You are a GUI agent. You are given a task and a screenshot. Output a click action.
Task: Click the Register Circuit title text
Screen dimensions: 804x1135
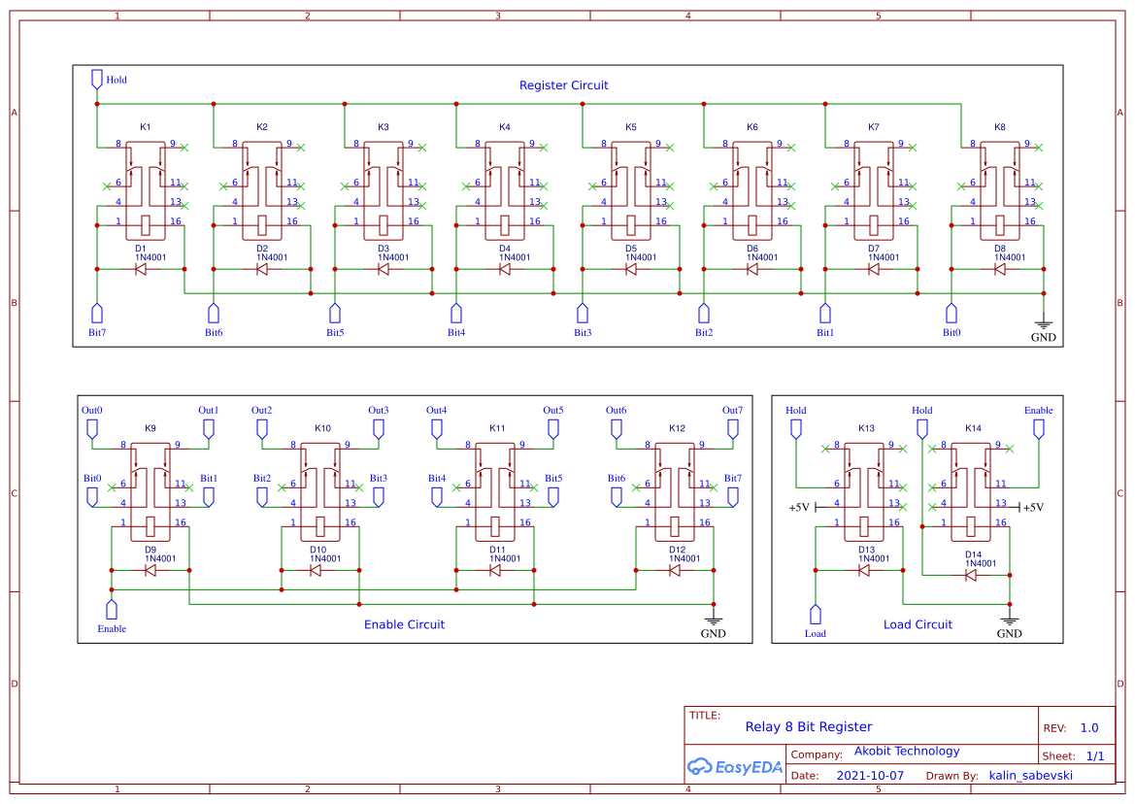[563, 85]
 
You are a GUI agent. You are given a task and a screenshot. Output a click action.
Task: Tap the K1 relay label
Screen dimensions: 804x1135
[146, 127]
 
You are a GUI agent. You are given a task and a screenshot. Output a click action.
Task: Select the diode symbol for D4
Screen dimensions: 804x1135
[505, 269]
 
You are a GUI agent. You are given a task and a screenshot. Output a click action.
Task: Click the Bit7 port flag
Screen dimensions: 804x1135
[97, 313]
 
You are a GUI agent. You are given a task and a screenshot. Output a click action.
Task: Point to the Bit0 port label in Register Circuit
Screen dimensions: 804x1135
[951, 333]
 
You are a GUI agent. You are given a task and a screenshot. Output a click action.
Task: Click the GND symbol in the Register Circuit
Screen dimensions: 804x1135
[1044, 327]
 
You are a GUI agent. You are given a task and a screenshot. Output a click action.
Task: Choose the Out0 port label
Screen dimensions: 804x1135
[92, 411]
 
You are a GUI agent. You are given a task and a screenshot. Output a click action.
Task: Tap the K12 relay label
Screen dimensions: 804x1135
[677, 428]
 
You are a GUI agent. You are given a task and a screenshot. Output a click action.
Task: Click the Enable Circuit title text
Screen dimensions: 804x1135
[404, 624]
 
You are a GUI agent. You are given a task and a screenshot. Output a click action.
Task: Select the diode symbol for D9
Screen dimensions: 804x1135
[150, 570]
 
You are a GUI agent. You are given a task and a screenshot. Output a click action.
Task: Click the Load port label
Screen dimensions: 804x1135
[816, 634]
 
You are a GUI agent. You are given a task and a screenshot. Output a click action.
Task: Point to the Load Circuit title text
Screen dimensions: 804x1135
[918, 624]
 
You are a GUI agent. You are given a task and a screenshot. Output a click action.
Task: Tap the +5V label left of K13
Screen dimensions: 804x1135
[798, 508]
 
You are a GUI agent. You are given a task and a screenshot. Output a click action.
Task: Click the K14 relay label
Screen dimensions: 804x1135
[973, 428]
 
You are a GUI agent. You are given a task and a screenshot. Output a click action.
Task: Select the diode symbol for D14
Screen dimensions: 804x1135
[971, 575]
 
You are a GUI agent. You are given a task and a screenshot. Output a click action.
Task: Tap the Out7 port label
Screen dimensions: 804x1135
[732, 411]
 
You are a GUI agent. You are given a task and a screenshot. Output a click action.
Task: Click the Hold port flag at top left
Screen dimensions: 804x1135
[97, 78]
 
